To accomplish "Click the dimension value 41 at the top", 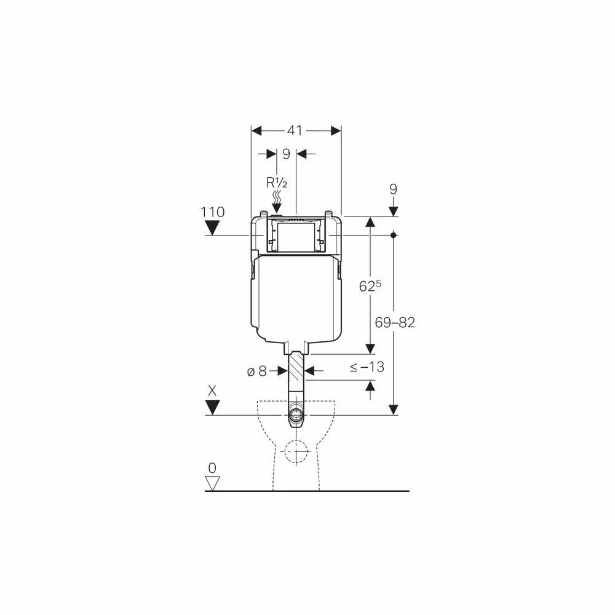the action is coord(295,130).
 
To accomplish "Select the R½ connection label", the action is coord(277,183).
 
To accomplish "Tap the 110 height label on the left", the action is coord(213,212).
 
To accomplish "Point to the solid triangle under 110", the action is coord(212,228).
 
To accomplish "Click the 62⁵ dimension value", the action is coord(370,286).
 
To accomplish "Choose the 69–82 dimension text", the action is coord(395,322).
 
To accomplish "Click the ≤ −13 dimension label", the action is coord(367,367).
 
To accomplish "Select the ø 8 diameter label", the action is coord(257,371).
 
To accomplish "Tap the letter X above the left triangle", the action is coord(212,391).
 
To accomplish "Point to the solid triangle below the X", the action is coord(212,408).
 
